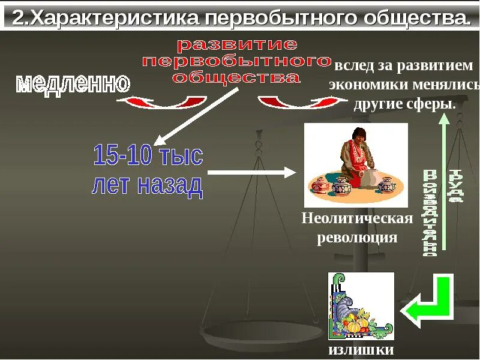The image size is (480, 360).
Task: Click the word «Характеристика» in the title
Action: (x=113, y=18)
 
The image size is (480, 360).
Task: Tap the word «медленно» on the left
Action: (x=73, y=83)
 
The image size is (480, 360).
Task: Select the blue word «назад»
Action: (x=170, y=186)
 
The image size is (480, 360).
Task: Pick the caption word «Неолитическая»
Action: (x=357, y=218)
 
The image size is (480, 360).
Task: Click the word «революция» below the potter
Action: (x=357, y=237)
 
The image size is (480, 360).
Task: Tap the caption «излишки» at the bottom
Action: (x=361, y=350)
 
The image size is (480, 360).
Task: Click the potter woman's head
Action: (x=359, y=136)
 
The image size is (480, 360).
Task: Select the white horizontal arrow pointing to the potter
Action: (x=252, y=173)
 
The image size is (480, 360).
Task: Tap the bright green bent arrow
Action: (x=430, y=303)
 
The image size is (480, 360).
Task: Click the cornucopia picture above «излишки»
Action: (x=361, y=306)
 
